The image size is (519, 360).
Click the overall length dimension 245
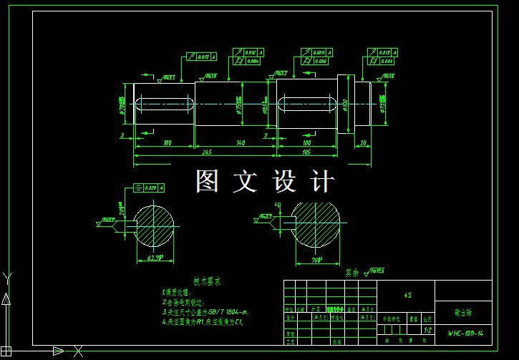pos(206,152)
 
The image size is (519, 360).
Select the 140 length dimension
pos(241,143)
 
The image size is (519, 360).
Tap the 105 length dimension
pos(306,152)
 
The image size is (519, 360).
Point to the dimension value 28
pos(364,143)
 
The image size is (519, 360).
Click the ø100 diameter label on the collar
pos(345,104)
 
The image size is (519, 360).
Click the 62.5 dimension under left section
pos(155,256)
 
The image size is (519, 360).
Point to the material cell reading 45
pos(407,294)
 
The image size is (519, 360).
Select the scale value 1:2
pos(427,330)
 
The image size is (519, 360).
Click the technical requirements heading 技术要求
pos(207,281)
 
